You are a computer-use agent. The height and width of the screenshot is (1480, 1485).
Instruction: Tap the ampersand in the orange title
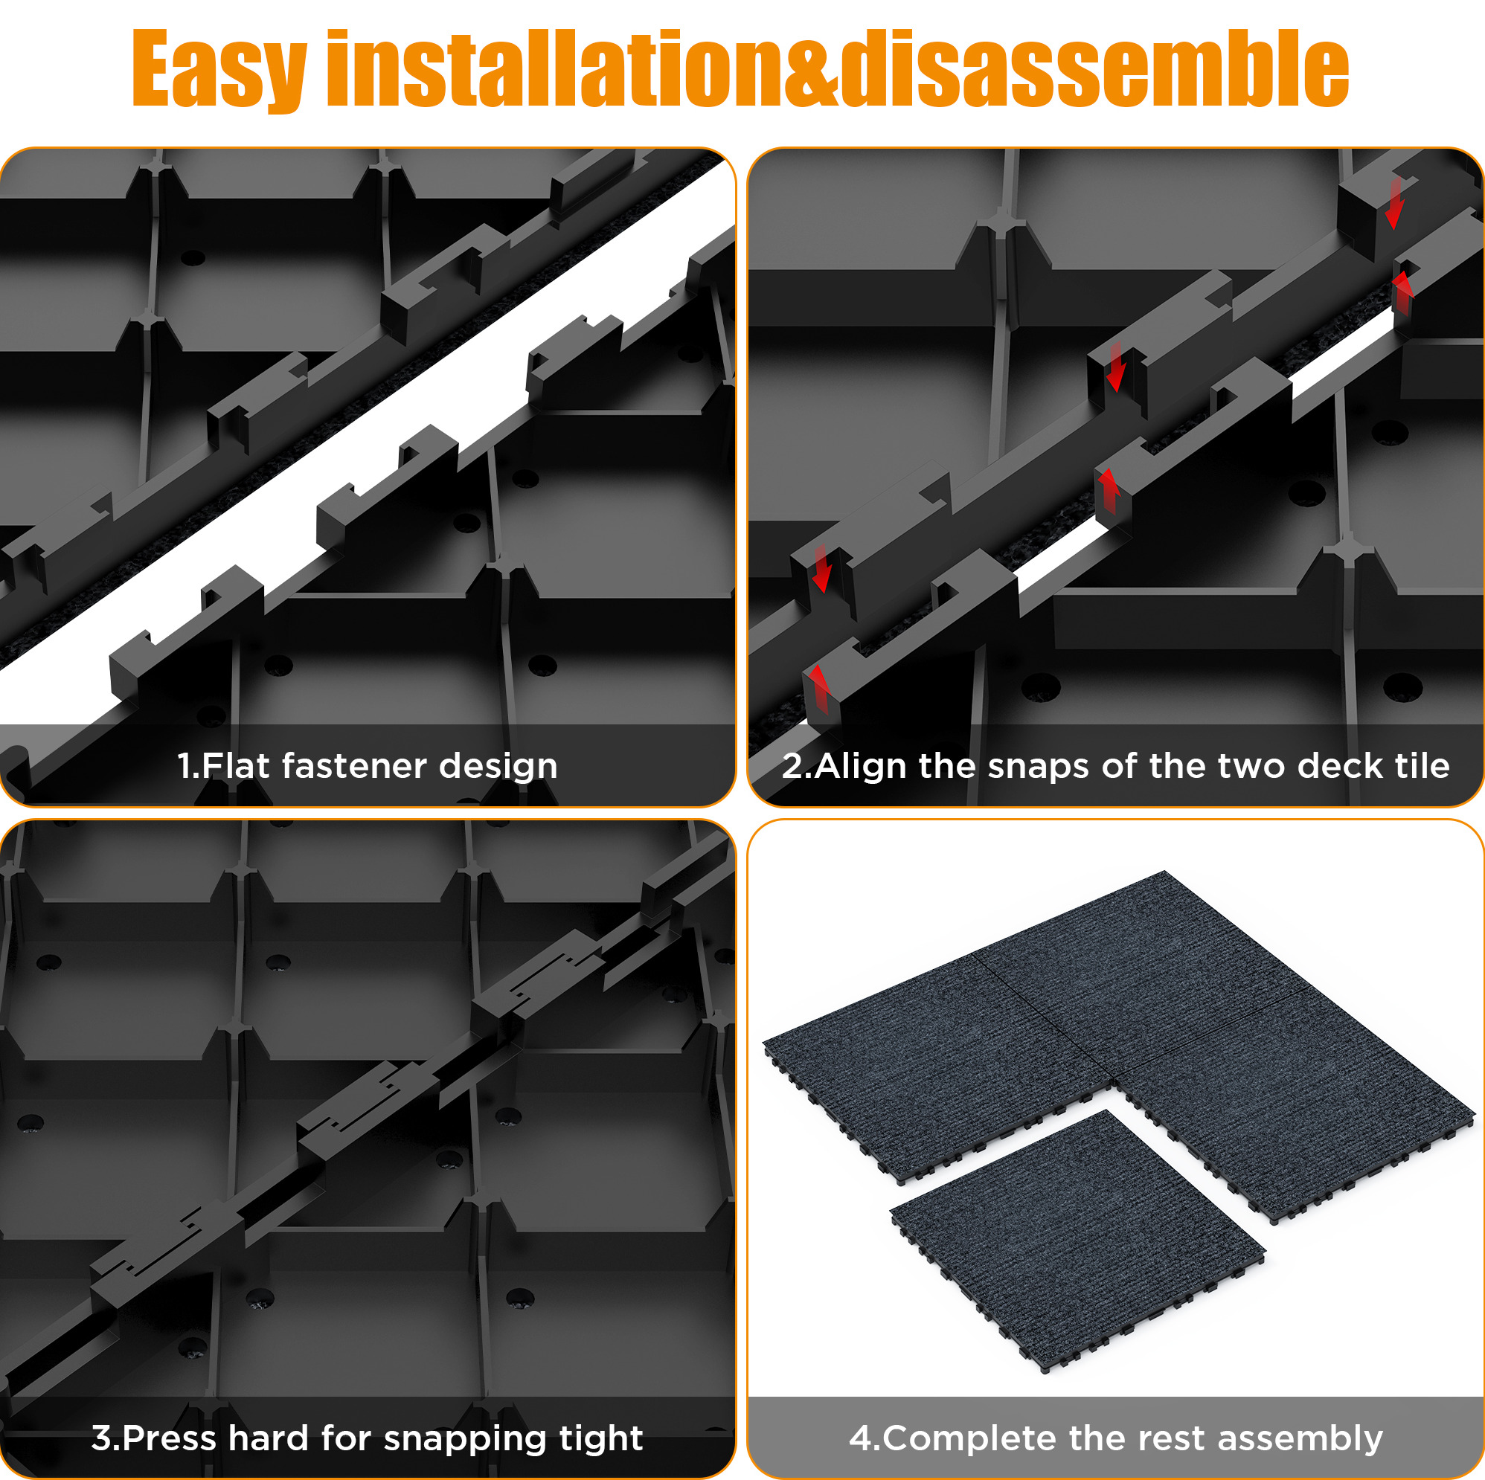pyautogui.click(x=809, y=70)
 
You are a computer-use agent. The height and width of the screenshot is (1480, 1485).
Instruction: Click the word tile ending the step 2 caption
pyautogui.click(x=1421, y=765)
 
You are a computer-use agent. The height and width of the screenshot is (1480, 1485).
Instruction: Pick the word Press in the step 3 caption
pyautogui.click(x=169, y=1438)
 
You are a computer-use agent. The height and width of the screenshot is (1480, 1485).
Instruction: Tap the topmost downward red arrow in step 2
pyautogui.click(x=1394, y=203)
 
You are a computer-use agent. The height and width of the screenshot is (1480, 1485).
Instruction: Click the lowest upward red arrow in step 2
pyautogui.click(x=819, y=689)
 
